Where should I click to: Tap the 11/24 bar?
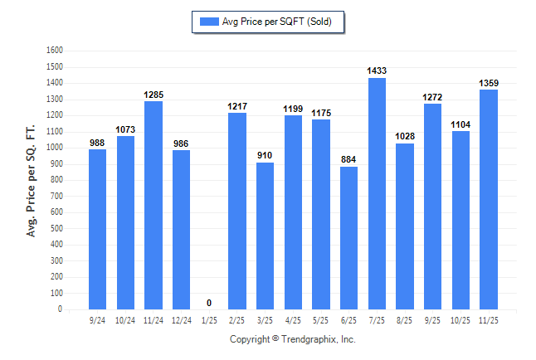tap(153, 205)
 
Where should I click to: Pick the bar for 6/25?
tap(348, 238)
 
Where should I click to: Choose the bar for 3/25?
tap(265, 236)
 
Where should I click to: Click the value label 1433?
tap(377, 71)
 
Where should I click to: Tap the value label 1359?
tap(489, 83)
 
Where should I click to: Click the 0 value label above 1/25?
tap(209, 303)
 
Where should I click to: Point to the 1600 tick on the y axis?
tap(56, 51)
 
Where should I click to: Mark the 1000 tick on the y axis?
tap(56, 148)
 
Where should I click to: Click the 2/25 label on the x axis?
tap(237, 320)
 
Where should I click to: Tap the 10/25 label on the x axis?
tap(460, 320)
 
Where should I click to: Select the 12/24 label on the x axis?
tap(181, 320)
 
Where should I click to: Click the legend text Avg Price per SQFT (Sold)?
tap(277, 22)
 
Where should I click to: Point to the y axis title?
tap(32, 181)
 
